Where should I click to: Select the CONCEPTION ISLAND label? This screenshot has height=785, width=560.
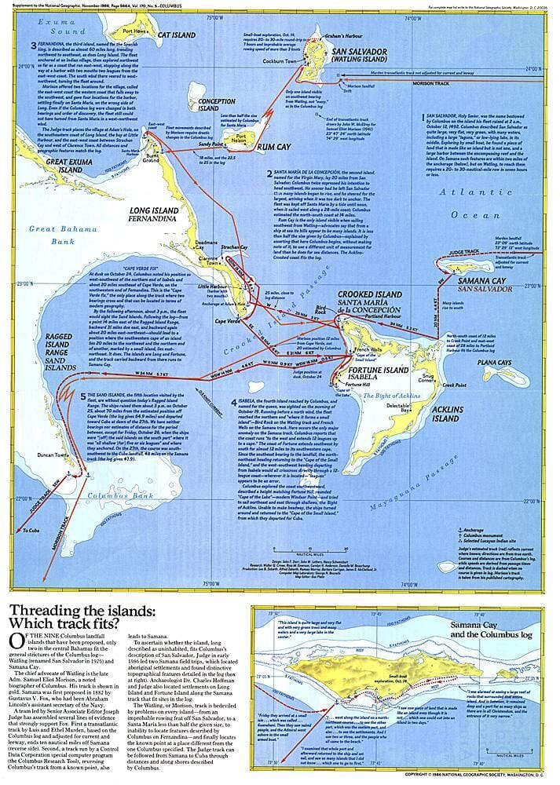click(218, 106)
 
